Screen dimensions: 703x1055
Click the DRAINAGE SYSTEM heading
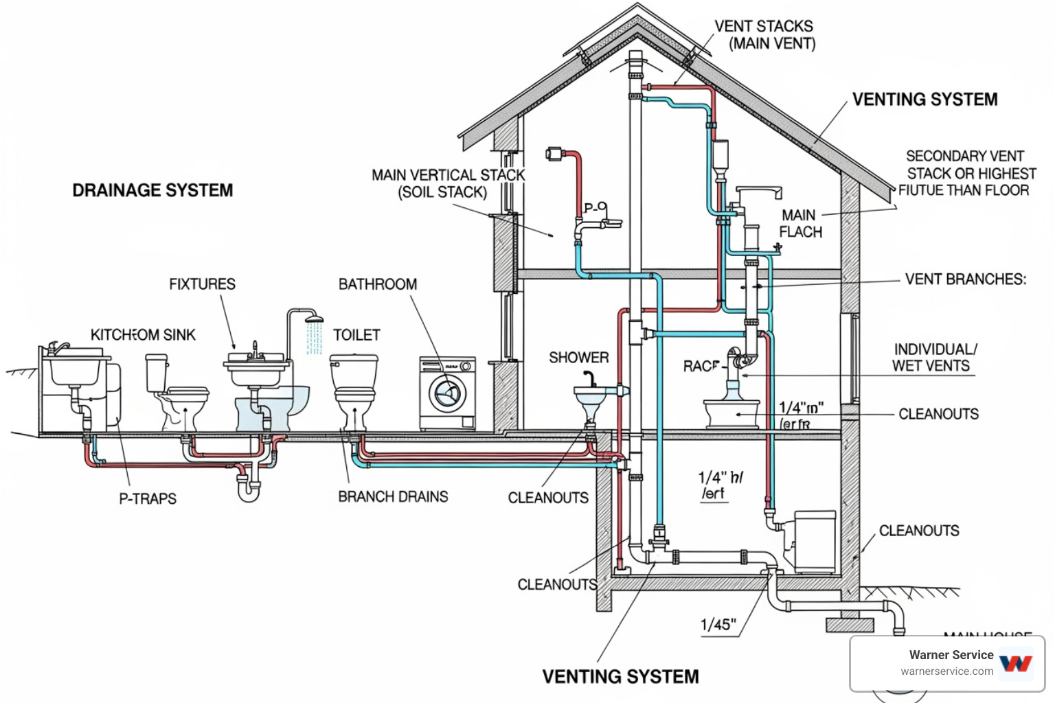[x=152, y=190]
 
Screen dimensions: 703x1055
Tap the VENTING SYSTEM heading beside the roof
[x=924, y=100]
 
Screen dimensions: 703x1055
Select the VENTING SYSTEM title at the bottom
[x=620, y=677]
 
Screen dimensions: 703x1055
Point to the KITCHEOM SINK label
[x=143, y=335]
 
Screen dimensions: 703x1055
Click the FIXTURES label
[x=202, y=284]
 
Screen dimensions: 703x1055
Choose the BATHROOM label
[x=378, y=284]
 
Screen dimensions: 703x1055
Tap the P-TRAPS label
[x=148, y=498]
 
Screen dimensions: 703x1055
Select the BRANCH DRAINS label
[x=393, y=496]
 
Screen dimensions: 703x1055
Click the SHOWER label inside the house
[x=578, y=358]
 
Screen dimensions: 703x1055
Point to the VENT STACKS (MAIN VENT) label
[x=764, y=35]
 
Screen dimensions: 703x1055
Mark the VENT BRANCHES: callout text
[x=965, y=279]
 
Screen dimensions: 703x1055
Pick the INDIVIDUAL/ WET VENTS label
[x=933, y=358]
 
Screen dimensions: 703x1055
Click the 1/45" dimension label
[x=718, y=625]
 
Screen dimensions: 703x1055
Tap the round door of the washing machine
[x=447, y=394]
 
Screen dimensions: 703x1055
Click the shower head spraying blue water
[x=315, y=319]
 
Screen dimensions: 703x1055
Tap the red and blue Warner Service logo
[x=1015, y=663]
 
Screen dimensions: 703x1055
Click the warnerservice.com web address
[x=946, y=671]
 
